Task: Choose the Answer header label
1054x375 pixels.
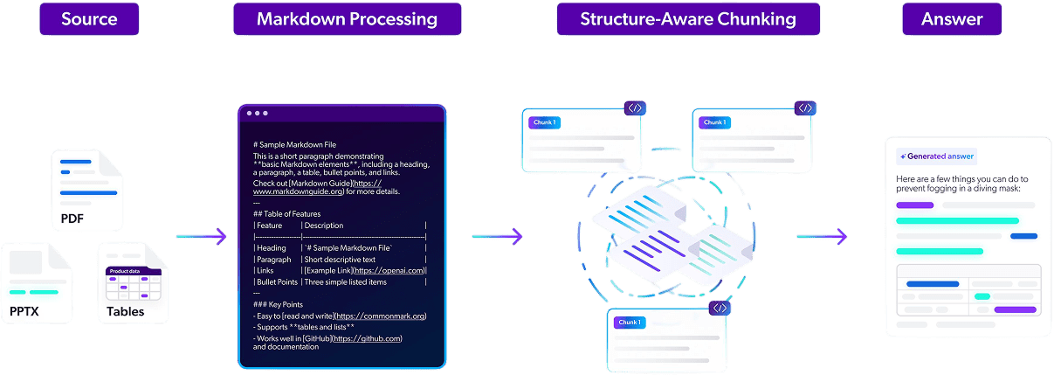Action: tap(951, 19)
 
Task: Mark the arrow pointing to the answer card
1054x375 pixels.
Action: tap(822, 235)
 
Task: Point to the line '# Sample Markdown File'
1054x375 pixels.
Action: tap(294, 144)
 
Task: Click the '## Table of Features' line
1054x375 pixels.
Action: tap(286, 213)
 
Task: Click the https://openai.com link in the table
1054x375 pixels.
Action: tap(389, 270)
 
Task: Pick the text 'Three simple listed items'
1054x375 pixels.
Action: tap(345, 281)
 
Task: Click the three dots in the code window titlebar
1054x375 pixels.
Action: tap(257, 114)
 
